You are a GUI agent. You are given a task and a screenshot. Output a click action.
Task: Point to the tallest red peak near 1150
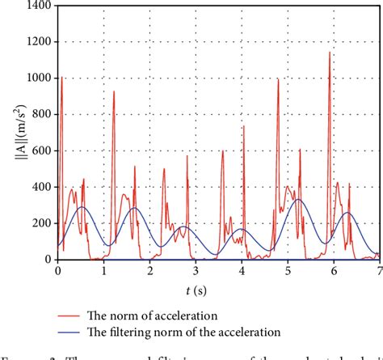(330, 53)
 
